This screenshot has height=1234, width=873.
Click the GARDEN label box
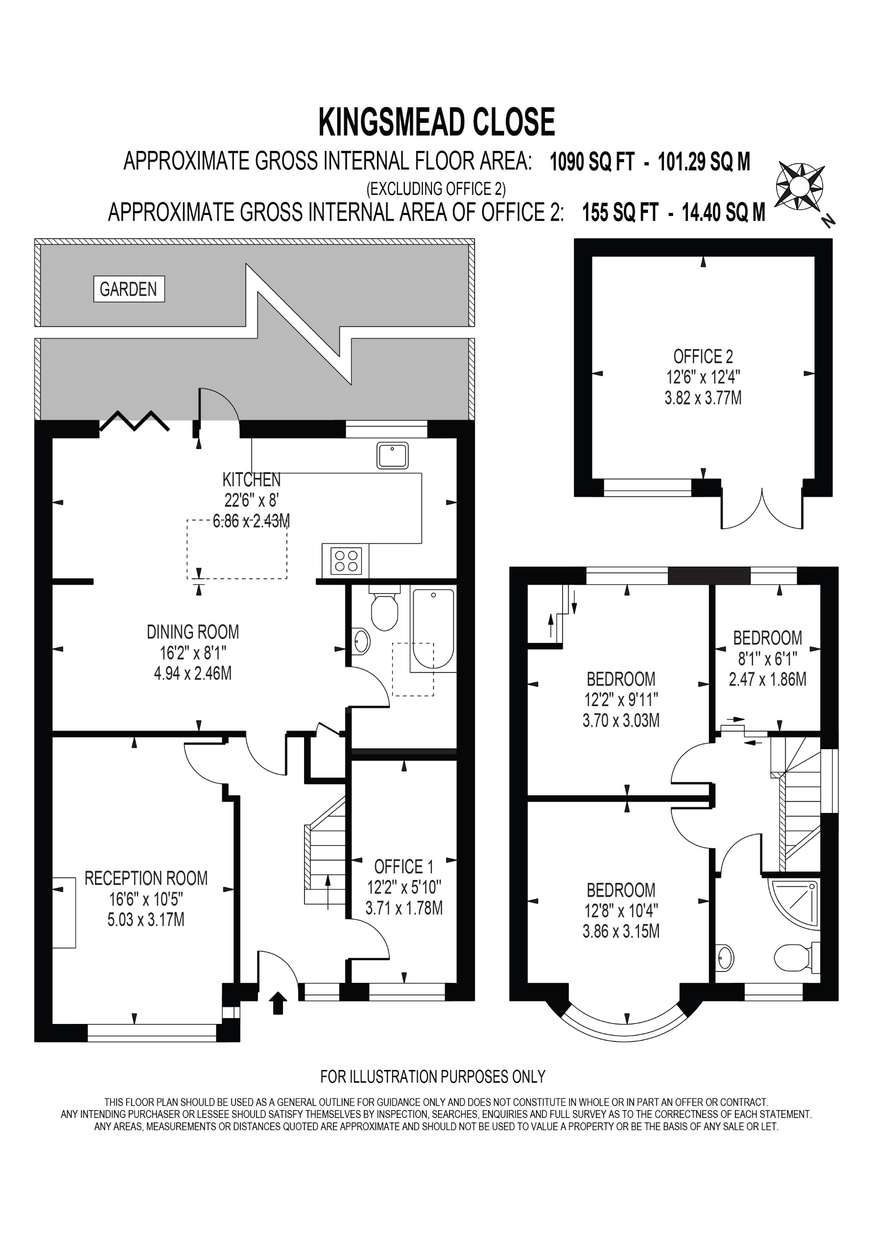coord(128,289)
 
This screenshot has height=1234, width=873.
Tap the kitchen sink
coord(392,455)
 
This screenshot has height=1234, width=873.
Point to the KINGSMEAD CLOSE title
coord(437,122)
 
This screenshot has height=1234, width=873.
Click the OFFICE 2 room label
coord(703,356)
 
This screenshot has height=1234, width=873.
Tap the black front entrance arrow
coord(278,1003)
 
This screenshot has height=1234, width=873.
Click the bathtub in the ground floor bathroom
coord(433,629)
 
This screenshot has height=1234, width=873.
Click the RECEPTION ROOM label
coord(146,878)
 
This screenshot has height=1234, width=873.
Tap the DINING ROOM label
coord(192,632)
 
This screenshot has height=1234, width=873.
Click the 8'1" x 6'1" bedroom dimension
coord(767,659)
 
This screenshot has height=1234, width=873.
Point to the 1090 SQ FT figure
coord(592,162)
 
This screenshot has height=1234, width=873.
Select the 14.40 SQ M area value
coord(723,213)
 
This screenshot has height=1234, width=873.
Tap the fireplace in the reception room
coord(64,912)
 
